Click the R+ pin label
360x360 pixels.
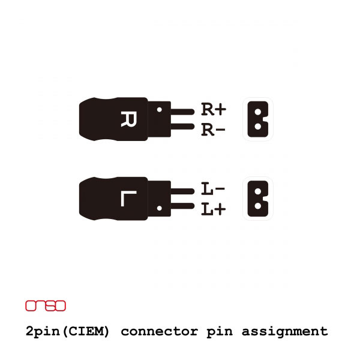(x=214, y=109)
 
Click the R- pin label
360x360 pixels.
(x=213, y=130)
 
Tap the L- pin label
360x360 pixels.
(x=213, y=188)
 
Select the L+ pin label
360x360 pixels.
(x=213, y=209)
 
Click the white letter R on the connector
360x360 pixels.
(x=128, y=119)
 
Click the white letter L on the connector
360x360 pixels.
(x=128, y=199)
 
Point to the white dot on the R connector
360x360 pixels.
(x=160, y=110)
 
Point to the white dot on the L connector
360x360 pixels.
(x=160, y=208)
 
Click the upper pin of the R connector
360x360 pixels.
(x=182, y=112)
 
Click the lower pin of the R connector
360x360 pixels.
(x=182, y=127)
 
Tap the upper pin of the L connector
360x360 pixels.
(x=182, y=191)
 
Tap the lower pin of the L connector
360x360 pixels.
(x=182, y=206)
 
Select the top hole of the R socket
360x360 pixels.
(x=258, y=112)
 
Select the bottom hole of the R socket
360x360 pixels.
(x=258, y=126)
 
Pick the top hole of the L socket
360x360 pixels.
(x=258, y=191)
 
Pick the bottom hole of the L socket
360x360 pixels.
(x=258, y=206)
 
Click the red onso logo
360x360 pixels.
(x=46, y=306)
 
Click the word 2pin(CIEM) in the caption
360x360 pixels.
(x=67, y=332)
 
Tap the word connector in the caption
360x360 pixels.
(x=160, y=332)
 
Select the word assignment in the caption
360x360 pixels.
(x=284, y=332)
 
